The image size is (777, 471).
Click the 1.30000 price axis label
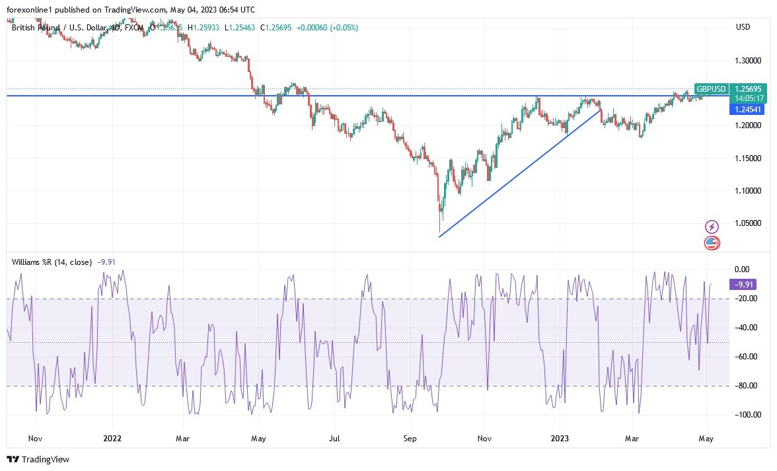749,61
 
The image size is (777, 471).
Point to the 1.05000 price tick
749,224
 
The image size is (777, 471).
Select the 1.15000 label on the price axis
749,159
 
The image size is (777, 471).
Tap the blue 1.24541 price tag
747,109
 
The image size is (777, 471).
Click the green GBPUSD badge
712,89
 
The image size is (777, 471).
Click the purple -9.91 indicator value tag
745,285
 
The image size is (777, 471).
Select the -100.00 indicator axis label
745,415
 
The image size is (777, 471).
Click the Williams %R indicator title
52,262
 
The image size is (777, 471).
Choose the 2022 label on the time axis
112,438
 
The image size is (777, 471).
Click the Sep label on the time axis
410,438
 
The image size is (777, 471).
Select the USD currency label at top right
743,27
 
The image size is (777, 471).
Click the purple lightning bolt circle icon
712,227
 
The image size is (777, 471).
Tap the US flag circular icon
712,242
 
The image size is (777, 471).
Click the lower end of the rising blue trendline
440,236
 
